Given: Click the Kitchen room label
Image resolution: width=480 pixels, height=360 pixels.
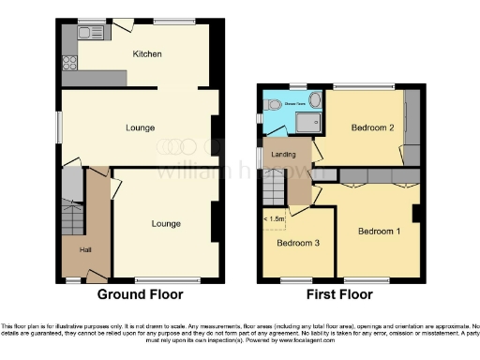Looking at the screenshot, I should [x=148, y=53].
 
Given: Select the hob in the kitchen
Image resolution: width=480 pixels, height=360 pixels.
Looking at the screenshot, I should [x=68, y=63].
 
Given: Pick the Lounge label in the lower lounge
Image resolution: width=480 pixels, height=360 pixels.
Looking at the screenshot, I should [x=167, y=223].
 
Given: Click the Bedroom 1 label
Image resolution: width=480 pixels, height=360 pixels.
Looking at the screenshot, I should [x=379, y=231].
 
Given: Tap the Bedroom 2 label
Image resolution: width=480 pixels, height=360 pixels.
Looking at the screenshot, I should [x=370, y=127].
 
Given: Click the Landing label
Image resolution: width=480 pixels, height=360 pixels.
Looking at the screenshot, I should [x=283, y=154].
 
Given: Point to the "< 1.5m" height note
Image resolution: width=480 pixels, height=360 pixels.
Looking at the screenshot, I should [x=275, y=219].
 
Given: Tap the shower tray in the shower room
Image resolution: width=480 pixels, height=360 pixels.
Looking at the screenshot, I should [x=306, y=122].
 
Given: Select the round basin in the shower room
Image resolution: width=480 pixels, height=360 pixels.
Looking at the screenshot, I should [x=315, y=97].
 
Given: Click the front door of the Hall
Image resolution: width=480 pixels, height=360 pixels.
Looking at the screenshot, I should [x=95, y=277].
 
